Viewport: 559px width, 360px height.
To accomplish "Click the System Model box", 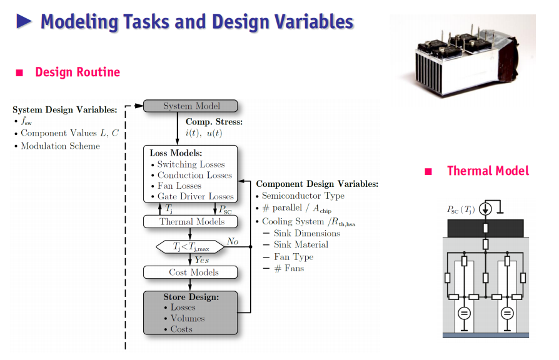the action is pos(190,106).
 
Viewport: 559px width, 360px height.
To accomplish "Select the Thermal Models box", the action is pos(190,221).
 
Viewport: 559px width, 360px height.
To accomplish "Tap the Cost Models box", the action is pos(190,272).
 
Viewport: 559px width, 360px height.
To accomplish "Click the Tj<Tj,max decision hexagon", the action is pos(190,247).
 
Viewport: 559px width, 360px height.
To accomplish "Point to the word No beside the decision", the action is pos(233,241).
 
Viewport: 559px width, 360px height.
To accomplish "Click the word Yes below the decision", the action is pos(202,260).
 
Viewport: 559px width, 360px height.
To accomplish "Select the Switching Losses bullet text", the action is pos(191,164).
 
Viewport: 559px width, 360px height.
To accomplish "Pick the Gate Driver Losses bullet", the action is pos(195,196).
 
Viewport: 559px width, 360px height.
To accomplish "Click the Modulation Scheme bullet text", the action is pos(60,146).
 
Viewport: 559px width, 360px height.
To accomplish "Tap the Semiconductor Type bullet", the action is pos(303,196).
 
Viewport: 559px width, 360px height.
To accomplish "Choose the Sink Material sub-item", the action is pos(301,244).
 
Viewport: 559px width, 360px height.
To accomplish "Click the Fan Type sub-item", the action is pos(294,257).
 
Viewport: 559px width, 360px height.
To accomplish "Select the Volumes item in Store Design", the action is pos(188,318).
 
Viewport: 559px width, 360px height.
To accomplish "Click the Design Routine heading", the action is pos(78,72).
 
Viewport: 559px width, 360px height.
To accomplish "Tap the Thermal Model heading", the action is pos(488,171).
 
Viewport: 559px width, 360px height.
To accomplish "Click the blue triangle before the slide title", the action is pos(24,21).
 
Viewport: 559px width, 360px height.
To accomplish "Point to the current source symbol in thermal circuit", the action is pos(485,209).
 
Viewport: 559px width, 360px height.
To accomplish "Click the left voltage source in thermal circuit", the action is pos(464,314).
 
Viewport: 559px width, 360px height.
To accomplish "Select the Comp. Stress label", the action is pos(214,122).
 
